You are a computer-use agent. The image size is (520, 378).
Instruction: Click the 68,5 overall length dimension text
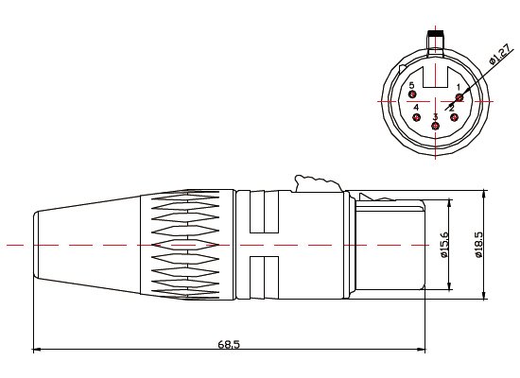(230, 344)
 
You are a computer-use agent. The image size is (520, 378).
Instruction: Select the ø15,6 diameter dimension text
(445, 245)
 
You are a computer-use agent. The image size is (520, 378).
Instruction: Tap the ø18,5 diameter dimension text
(478, 245)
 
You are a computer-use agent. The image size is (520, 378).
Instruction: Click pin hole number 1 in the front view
(459, 95)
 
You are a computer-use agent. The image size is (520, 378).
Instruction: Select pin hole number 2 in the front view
(454, 117)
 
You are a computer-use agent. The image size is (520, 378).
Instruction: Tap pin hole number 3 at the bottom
(435, 126)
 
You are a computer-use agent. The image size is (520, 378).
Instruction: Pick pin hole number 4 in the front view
(417, 117)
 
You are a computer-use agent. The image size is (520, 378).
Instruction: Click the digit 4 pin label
(416, 108)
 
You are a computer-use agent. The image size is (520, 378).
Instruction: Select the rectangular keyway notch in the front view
(436, 77)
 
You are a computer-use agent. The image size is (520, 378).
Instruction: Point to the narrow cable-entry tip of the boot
(36, 245)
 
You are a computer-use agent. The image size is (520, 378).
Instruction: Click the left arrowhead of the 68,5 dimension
(36, 350)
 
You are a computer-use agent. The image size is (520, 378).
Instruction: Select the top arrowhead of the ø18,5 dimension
(484, 195)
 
